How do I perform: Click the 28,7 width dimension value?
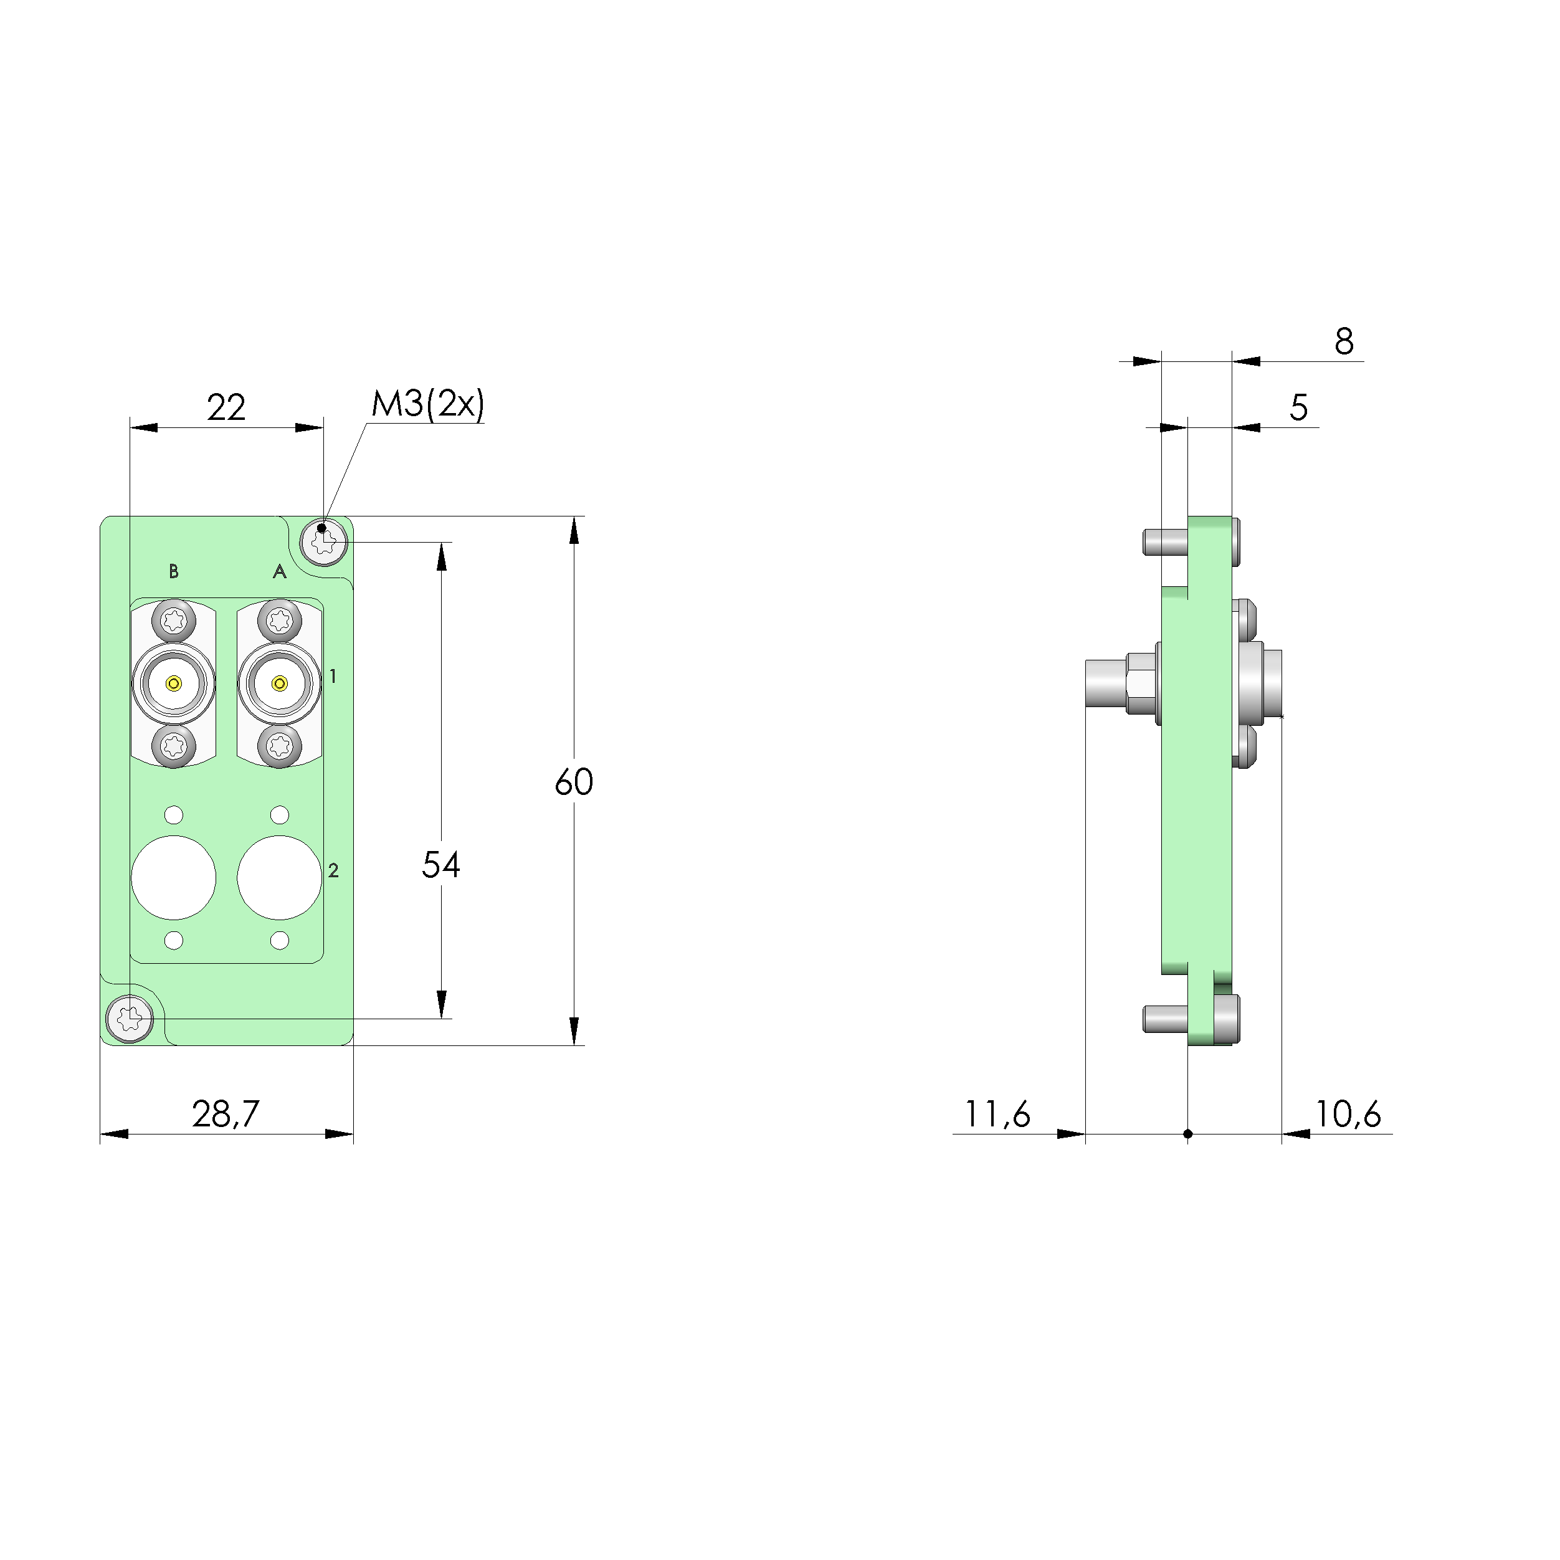226,1115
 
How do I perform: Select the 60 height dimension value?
574,782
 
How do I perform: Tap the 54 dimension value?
441,865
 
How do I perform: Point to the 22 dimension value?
226,407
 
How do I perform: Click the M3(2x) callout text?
428,404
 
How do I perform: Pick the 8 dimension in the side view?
1344,341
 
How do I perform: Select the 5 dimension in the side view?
1298,408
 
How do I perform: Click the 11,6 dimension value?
998,1115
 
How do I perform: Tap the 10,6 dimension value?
1348,1115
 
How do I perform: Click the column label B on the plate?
174,572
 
